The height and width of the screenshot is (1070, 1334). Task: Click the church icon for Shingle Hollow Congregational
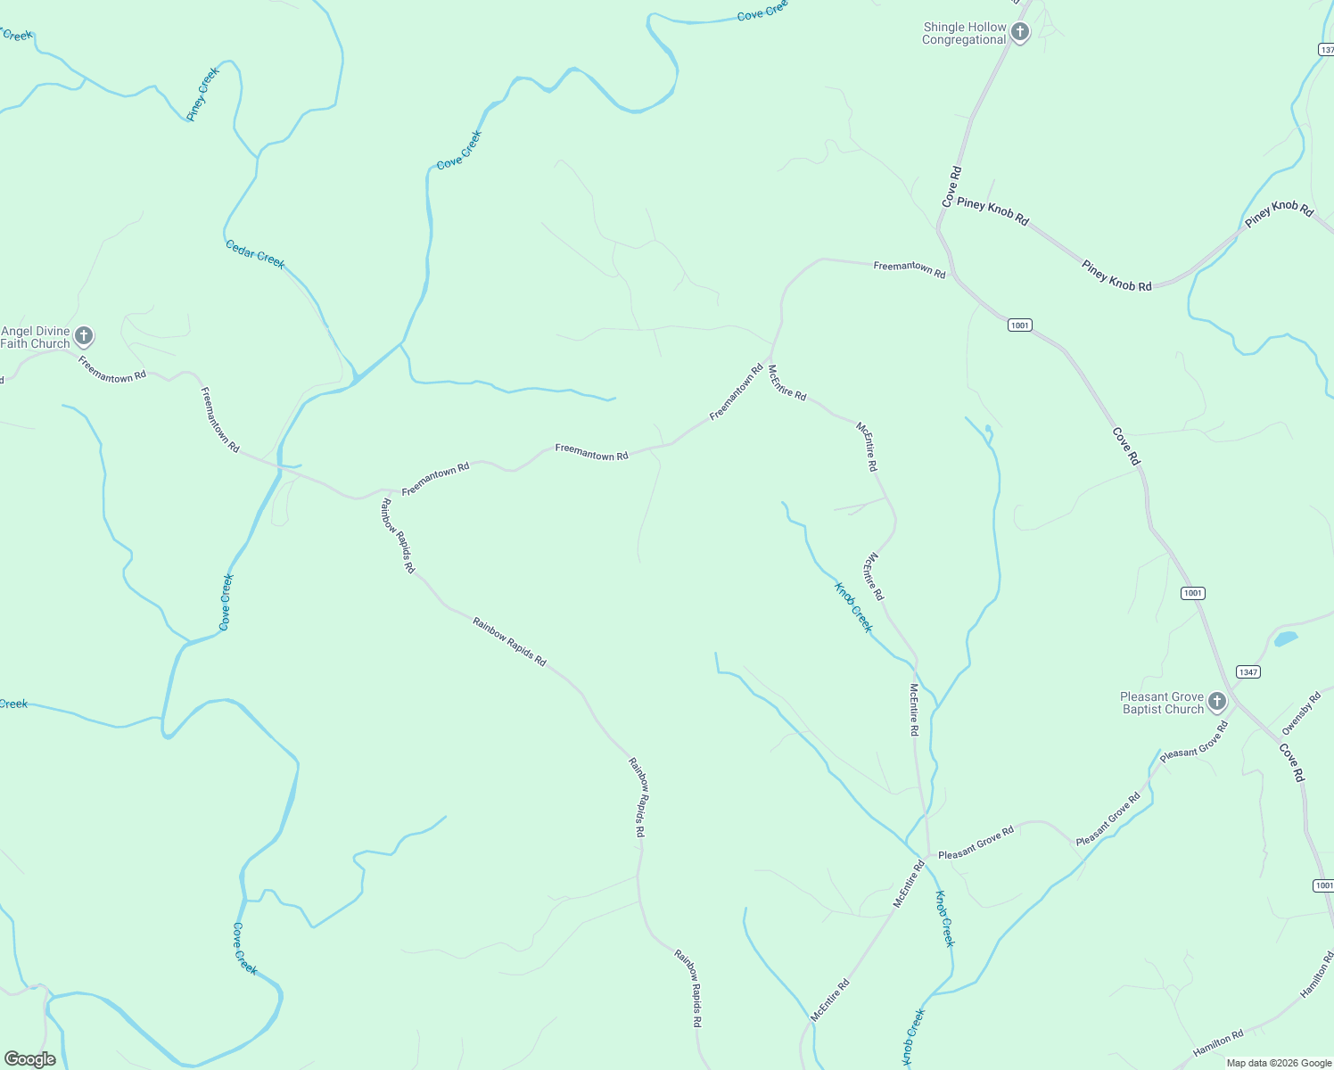[x=1020, y=33]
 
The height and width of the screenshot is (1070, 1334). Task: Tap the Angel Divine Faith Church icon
[x=84, y=336]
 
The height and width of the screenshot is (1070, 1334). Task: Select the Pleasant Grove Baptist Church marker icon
[x=1217, y=702]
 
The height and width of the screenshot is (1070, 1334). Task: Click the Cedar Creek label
[x=255, y=253]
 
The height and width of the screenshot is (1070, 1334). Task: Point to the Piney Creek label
[x=202, y=94]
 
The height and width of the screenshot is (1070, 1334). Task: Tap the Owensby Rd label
[x=1301, y=713]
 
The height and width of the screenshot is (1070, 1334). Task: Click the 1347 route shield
[x=1248, y=671]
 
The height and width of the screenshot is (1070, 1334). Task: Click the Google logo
[x=30, y=1059]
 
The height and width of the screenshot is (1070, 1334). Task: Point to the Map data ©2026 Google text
[x=1279, y=1063]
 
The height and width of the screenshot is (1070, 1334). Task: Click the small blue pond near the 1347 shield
[x=1285, y=638]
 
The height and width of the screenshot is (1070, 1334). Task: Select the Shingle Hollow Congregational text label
[x=964, y=34]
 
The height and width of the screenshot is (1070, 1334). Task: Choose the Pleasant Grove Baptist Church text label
[x=1162, y=703]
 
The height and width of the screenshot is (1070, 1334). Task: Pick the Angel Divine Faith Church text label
[x=36, y=337]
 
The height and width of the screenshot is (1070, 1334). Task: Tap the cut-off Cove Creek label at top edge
[x=762, y=11]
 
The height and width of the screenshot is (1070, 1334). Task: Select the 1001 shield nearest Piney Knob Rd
[x=1020, y=325]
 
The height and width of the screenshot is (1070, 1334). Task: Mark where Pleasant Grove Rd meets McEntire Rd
[x=928, y=856]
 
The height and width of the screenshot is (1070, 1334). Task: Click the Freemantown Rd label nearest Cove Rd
[x=909, y=269]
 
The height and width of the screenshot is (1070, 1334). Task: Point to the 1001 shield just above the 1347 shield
[x=1193, y=593]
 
